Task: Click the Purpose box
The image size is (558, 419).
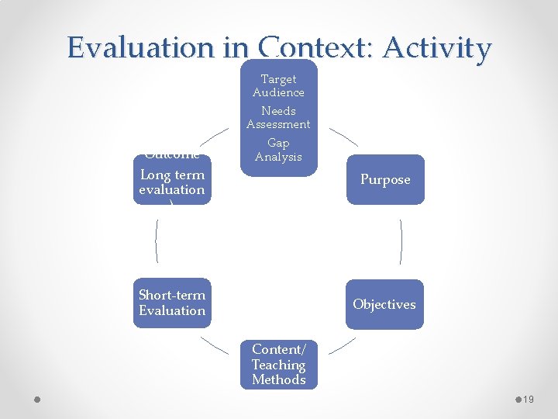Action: click(385, 179)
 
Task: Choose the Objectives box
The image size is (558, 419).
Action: click(384, 304)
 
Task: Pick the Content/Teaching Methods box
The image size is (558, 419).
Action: click(278, 365)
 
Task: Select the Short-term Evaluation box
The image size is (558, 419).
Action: click(172, 303)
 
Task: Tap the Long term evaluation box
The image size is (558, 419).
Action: click(172, 182)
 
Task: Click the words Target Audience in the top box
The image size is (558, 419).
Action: click(278, 85)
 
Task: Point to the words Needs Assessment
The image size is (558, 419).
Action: click(278, 117)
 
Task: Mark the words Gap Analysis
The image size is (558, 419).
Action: click(278, 150)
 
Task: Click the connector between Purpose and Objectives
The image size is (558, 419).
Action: click(401, 241)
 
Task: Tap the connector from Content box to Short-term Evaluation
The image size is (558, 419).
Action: click(215, 345)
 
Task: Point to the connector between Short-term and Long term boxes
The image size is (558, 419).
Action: click(157, 241)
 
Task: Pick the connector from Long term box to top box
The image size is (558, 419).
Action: click(215, 137)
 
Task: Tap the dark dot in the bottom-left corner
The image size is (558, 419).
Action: click(36, 400)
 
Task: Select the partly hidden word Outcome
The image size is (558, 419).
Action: click(172, 154)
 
